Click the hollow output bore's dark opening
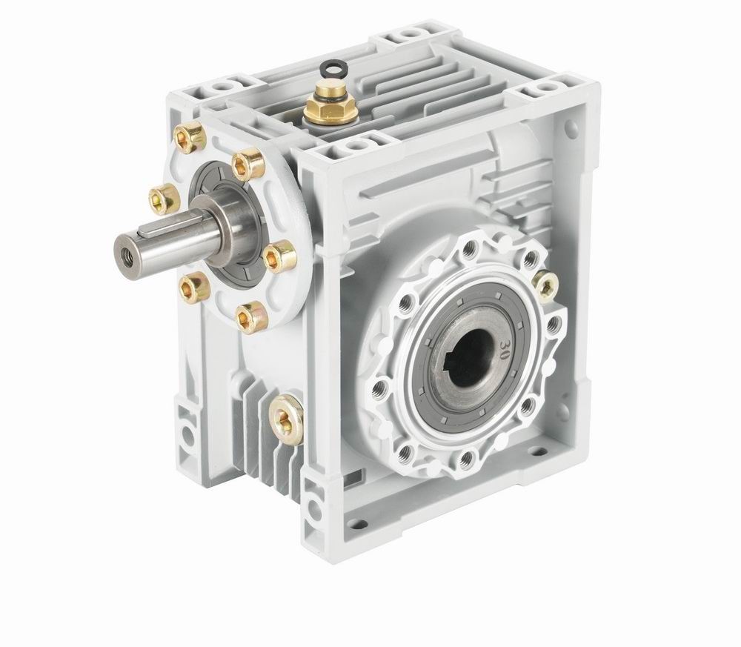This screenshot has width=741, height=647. [473, 363]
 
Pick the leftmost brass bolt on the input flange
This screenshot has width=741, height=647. [164, 198]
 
